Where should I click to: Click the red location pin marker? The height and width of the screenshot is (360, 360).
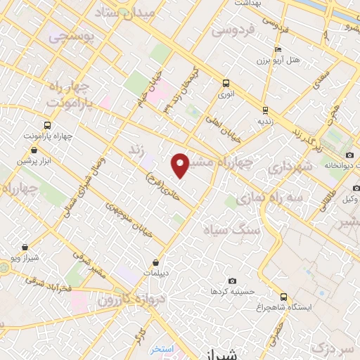click(x=181, y=165)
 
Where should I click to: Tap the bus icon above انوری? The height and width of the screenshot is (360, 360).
click(x=225, y=82)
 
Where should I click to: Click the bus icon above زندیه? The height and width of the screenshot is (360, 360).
click(x=264, y=110)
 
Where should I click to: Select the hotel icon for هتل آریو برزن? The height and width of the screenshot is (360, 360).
click(x=278, y=50)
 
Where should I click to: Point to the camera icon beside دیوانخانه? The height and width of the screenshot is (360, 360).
click(x=349, y=155)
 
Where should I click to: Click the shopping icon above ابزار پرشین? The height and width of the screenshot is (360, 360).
click(x=34, y=150)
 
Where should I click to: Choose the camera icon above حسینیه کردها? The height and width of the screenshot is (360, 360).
click(x=233, y=281)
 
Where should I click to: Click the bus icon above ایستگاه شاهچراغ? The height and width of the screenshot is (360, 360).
click(x=283, y=297)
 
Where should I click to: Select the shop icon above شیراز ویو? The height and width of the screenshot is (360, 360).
click(x=25, y=247)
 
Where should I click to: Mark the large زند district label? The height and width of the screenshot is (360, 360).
click(x=136, y=150)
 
